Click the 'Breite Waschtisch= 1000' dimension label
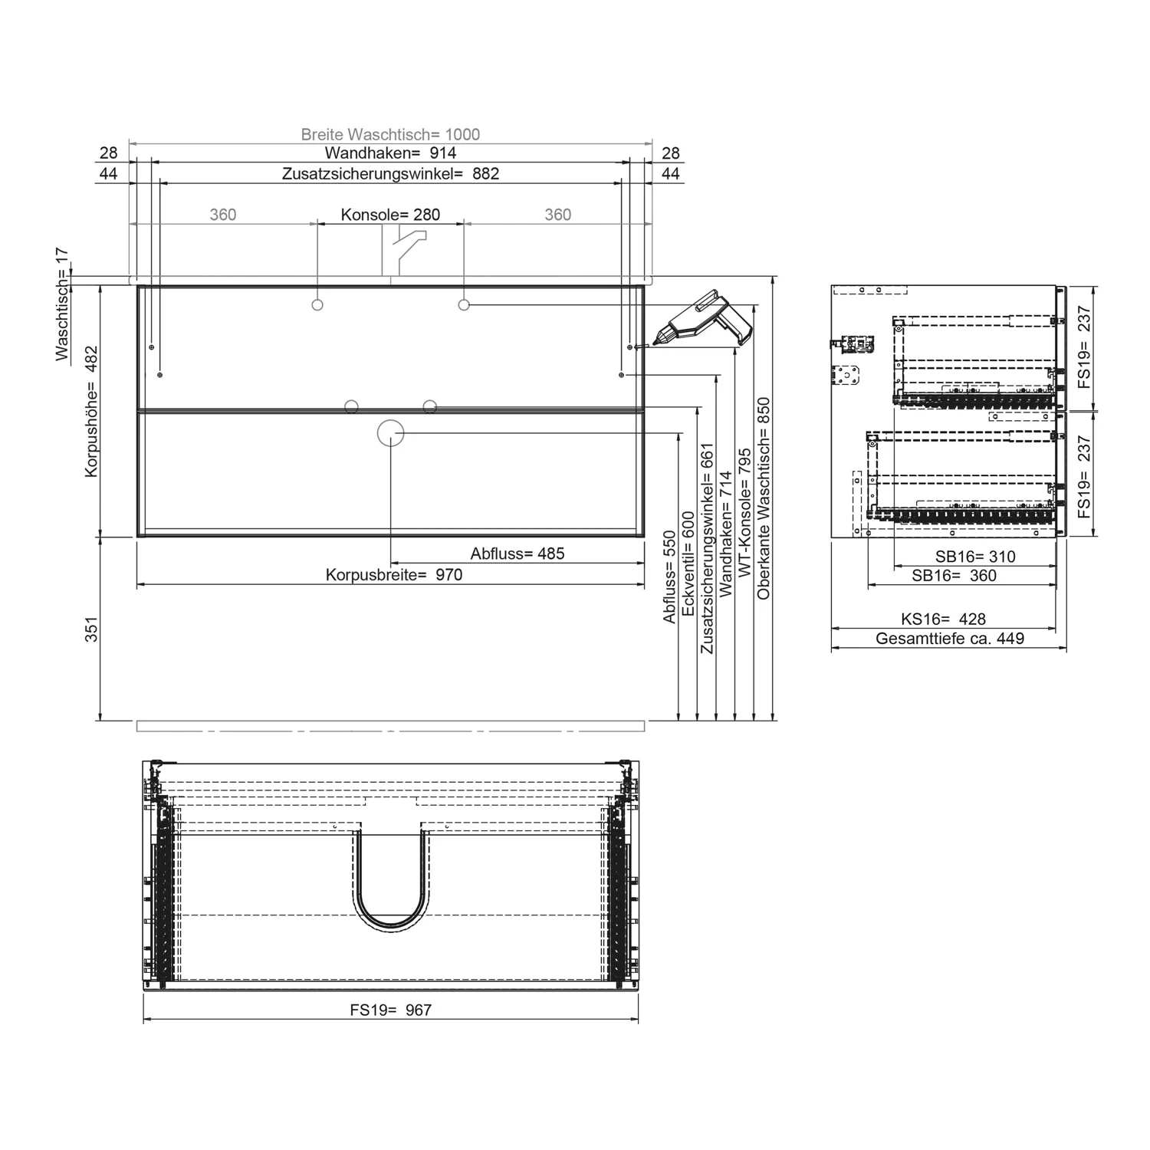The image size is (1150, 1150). coord(390,134)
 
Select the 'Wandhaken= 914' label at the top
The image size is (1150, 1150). coord(390,153)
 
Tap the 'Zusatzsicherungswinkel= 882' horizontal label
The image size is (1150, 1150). coord(390,174)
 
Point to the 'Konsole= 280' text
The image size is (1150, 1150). coord(390,215)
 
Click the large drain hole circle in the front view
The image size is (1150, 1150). coord(390,433)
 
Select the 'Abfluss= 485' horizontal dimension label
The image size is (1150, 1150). coord(517,554)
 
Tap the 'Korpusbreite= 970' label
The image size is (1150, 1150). coord(394,575)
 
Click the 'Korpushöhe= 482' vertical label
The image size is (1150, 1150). coord(91,411)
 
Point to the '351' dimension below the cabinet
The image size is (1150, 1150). coord(91,629)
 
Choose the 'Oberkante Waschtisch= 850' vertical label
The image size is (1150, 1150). coord(764,498)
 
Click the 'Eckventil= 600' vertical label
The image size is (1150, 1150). coord(688,563)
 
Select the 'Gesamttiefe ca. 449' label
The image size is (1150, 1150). coord(949,639)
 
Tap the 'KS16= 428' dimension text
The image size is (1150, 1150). coord(943,619)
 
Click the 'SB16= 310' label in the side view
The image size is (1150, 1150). coord(974,557)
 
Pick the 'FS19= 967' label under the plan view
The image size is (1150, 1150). coord(390,1010)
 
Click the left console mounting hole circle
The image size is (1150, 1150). coord(317,305)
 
